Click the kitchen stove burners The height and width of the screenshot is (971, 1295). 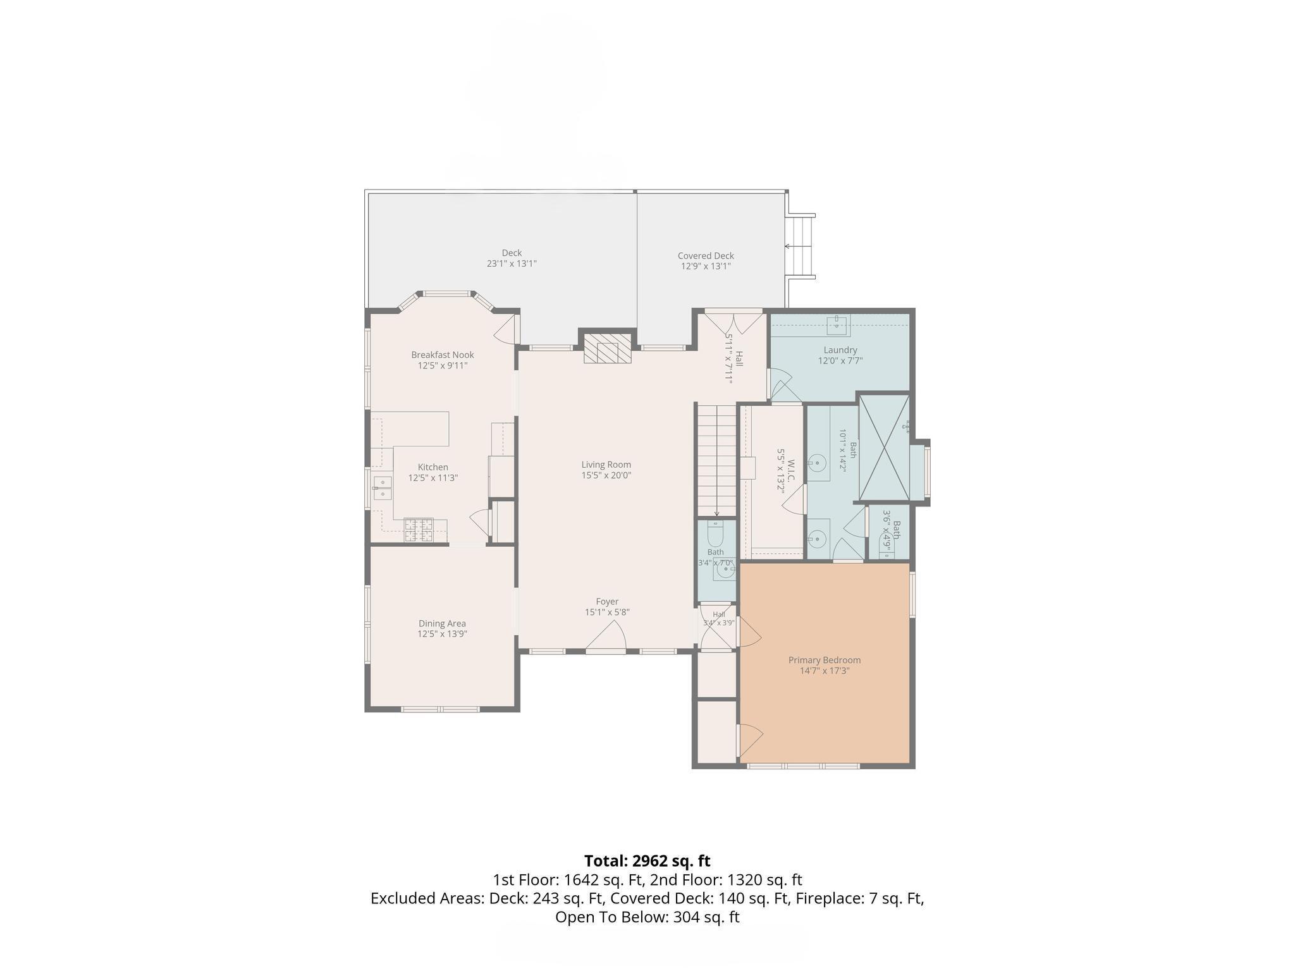[x=419, y=530]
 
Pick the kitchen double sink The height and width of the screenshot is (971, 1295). [x=383, y=489]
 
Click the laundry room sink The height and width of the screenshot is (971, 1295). [x=839, y=326]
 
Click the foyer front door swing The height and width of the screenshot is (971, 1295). [x=606, y=635]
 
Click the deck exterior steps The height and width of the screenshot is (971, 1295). [x=800, y=246]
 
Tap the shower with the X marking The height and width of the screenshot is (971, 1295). [x=884, y=447]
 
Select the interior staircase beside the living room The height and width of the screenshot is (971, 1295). [x=717, y=460]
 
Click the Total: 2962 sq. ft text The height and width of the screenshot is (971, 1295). [x=647, y=861]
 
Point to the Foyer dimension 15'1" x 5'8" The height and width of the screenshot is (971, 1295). [x=607, y=612]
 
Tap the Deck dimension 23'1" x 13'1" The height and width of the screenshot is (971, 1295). [x=512, y=264]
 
